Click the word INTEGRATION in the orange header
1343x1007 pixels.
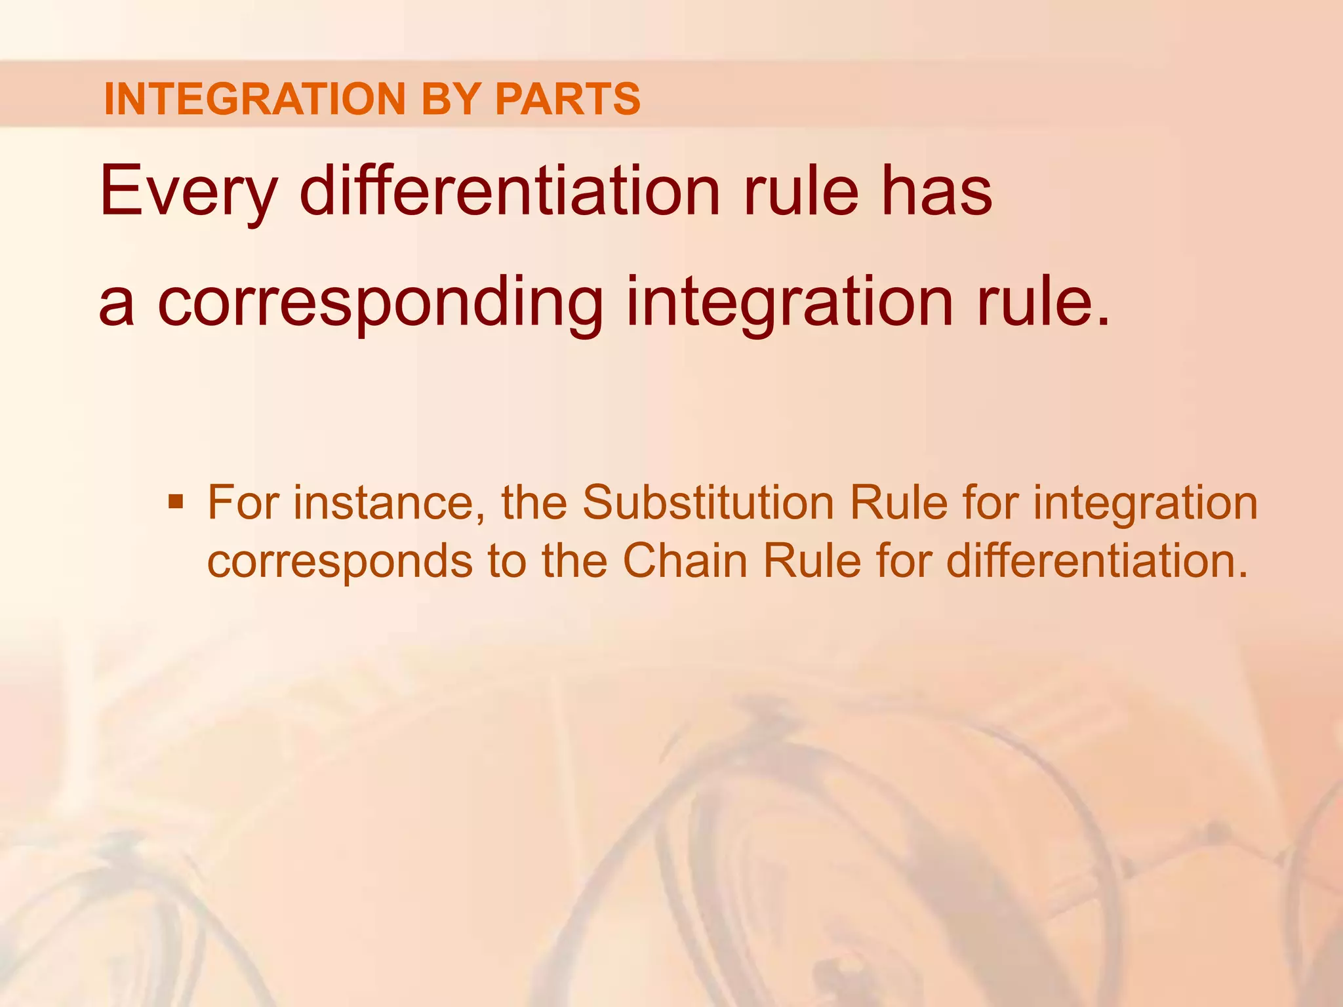[254, 99]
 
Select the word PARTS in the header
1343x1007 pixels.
[567, 99]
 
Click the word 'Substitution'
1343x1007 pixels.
[708, 503]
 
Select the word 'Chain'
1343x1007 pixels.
[685, 561]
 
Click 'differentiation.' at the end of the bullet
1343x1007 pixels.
[1097, 561]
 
